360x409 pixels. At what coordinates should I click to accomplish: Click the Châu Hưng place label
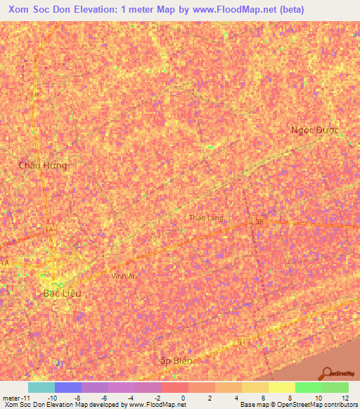coord(44,165)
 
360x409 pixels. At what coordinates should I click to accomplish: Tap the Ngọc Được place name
coord(315,130)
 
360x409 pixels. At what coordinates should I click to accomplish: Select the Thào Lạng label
coord(206,218)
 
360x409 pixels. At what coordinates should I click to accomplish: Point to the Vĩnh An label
coord(124,276)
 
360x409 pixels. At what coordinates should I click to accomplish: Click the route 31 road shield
coord(240,342)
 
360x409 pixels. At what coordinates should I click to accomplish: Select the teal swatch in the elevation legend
coord(41,387)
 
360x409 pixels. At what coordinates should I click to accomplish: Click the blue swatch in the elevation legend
coord(67,387)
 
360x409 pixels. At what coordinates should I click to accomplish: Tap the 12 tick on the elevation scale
coord(347,398)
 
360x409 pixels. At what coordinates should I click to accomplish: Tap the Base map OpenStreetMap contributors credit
coord(297,405)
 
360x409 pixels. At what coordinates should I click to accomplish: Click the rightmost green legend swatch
coord(335,387)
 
